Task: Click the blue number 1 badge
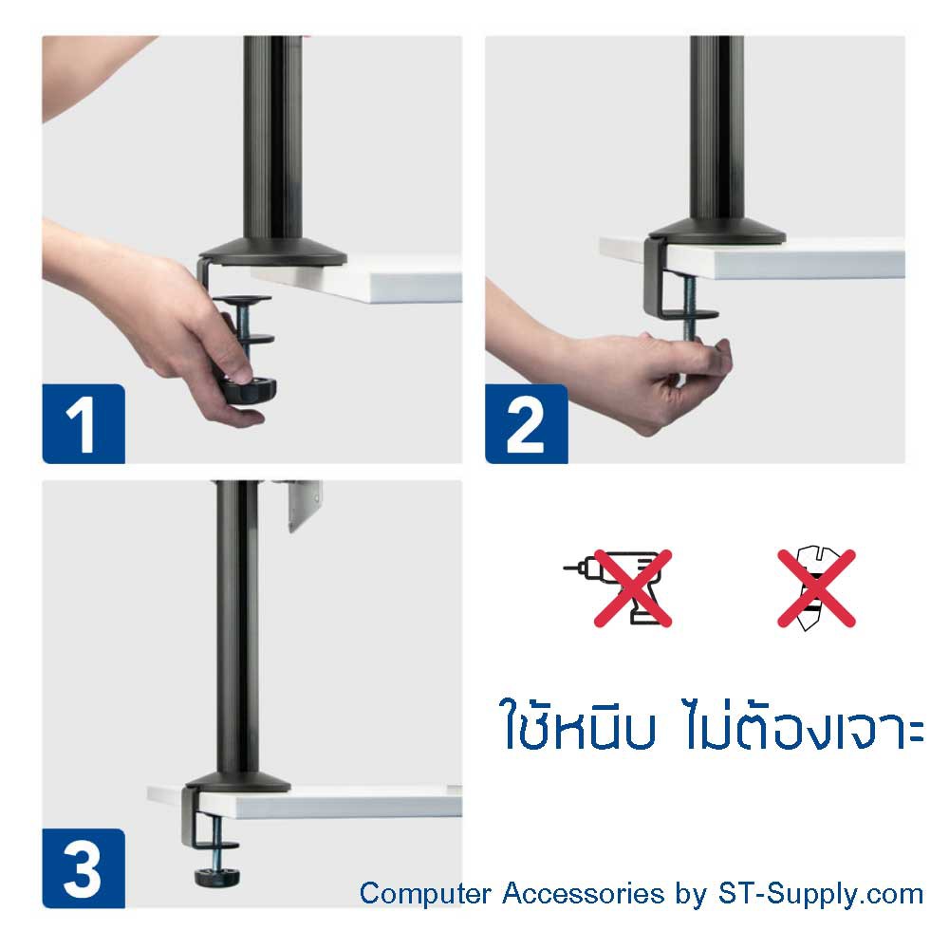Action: (84, 423)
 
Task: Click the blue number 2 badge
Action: (527, 423)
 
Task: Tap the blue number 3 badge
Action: (84, 868)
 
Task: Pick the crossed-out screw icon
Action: (816, 587)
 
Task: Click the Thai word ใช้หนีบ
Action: (578, 723)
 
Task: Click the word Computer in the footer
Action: (425, 894)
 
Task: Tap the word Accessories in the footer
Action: (583, 893)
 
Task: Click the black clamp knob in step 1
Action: (247, 389)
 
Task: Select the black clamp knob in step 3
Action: (216, 876)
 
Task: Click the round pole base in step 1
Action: (273, 252)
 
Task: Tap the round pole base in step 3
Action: (238, 783)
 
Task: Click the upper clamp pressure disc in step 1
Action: (242, 300)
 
